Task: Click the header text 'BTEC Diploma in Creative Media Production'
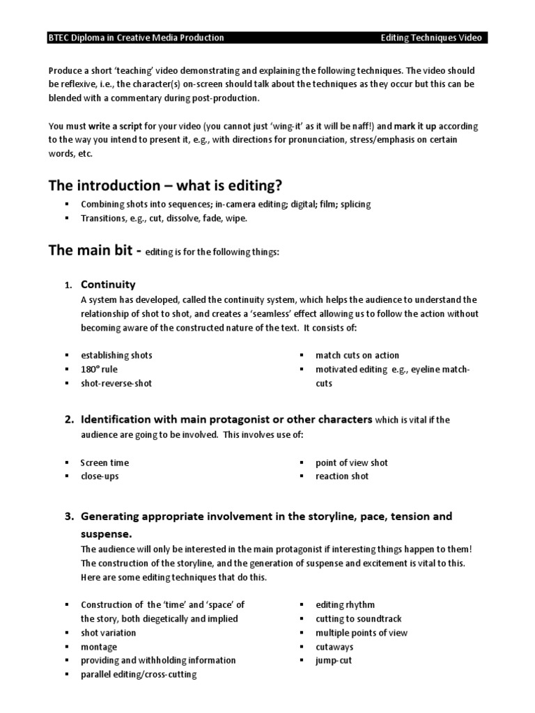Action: click(x=137, y=38)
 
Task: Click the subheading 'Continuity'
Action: click(x=108, y=285)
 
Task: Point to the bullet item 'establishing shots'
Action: click(x=116, y=355)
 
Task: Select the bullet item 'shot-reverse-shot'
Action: click(x=116, y=383)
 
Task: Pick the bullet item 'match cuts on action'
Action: click(x=357, y=355)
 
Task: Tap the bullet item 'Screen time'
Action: click(x=104, y=462)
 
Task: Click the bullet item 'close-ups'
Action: click(x=100, y=476)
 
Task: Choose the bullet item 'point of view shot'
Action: click(x=352, y=462)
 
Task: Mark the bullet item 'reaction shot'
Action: click(x=342, y=476)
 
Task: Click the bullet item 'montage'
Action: click(x=99, y=647)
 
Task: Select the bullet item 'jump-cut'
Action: click(x=334, y=660)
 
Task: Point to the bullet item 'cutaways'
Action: click(x=334, y=647)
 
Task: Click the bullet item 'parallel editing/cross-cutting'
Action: click(x=139, y=674)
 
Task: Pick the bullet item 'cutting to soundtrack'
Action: click(x=358, y=619)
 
